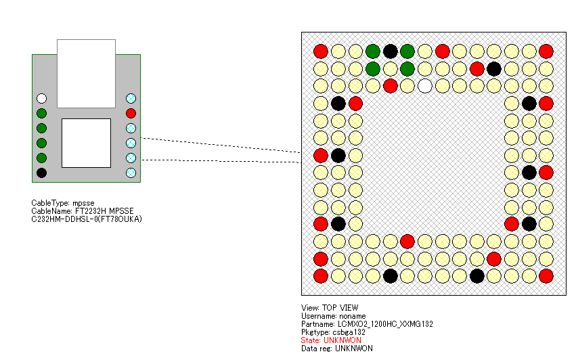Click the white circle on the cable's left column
(x=41, y=98)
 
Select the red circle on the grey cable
(x=131, y=113)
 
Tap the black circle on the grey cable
(x=41, y=173)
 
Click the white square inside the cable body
(x=86, y=143)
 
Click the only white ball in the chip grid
(x=424, y=86)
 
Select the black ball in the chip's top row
(x=390, y=51)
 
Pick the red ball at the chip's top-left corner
(x=321, y=51)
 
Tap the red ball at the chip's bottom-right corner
(x=546, y=275)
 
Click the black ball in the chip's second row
(x=494, y=68)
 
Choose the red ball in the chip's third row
(x=390, y=86)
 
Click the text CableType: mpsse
(x=64, y=203)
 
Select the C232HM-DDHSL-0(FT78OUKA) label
(x=87, y=219)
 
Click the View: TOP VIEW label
(x=330, y=308)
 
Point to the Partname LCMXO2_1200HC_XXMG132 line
(x=367, y=324)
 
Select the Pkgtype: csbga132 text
(x=333, y=332)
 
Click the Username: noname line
(x=333, y=316)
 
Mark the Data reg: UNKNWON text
(x=336, y=348)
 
